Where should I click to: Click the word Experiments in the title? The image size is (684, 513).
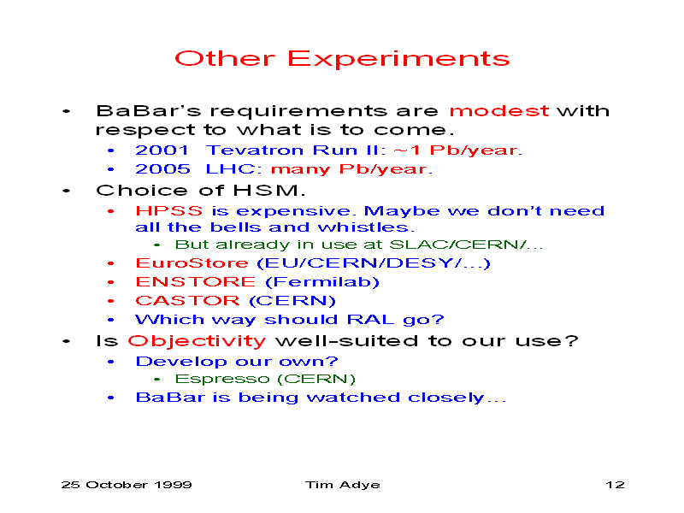398,59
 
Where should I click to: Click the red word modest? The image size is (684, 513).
498,111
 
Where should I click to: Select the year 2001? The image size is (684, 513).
162,150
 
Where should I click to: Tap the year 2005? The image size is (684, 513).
162,168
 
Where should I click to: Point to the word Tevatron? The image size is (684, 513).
255,150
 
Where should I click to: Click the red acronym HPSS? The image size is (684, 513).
169,211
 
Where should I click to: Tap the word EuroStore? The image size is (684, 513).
192,263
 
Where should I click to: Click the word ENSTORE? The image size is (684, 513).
196,282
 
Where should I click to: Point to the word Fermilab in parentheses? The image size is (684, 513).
322,282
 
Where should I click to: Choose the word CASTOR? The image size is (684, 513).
187,301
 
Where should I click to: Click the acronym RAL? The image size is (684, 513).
370,319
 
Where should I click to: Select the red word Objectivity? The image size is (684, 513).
197,341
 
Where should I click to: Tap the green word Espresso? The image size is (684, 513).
222,379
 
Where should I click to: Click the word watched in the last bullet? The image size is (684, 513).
353,398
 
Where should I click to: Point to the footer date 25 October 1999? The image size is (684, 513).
127,485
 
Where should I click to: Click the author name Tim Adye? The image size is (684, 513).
343,485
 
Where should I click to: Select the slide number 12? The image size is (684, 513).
615,485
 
